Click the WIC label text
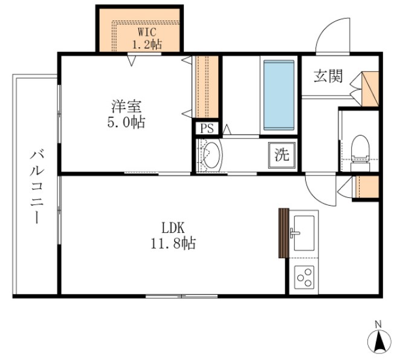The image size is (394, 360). [147, 32]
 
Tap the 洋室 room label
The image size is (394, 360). [127, 106]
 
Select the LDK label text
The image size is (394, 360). [173, 228]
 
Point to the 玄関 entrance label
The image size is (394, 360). [328, 76]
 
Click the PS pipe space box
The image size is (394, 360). [207, 128]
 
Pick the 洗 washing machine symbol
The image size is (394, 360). [282, 155]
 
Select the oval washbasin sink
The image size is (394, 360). [211, 155]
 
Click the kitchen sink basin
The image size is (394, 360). [304, 233]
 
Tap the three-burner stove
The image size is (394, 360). [305, 277]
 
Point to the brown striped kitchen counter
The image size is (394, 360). [284, 233]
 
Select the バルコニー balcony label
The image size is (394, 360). [37, 187]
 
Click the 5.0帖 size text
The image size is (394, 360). [126, 122]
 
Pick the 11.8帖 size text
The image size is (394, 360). [173, 243]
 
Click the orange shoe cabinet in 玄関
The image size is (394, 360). [370, 89]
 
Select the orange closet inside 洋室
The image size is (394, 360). [207, 87]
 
